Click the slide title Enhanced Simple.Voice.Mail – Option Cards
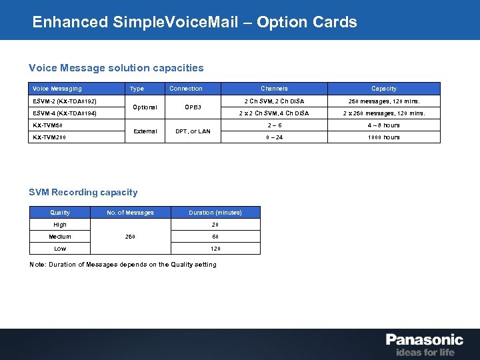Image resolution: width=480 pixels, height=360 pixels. pos(195,22)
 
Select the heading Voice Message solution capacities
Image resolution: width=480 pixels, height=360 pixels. pos(116,67)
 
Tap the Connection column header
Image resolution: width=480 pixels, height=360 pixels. pos(186,89)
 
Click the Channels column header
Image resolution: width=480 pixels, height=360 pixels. pos(274,89)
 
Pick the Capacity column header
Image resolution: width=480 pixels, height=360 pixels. pos(384,89)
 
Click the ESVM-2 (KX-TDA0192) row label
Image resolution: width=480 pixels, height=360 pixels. pos(65,101)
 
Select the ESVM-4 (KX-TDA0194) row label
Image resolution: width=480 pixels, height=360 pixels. pos(65,113)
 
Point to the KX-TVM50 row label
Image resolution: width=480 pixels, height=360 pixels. pos(47,125)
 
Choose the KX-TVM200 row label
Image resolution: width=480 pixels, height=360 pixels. pos(49,137)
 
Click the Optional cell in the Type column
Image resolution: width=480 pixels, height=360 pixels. pos(145,107)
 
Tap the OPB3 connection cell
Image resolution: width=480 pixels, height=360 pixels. pos(193,107)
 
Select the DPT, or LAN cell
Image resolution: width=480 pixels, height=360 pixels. pos(193,131)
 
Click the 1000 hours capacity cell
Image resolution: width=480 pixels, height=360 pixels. pos(384,137)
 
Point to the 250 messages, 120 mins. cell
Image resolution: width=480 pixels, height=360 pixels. pos(384,101)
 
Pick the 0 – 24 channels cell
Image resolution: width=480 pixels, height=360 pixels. pos(274,137)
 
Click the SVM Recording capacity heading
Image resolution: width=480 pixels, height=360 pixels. pos(83,192)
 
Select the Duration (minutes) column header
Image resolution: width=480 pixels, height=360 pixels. pos(215,213)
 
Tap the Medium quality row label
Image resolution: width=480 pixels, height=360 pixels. pos(60,237)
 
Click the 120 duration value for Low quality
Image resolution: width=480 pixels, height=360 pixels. pos(215,249)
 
